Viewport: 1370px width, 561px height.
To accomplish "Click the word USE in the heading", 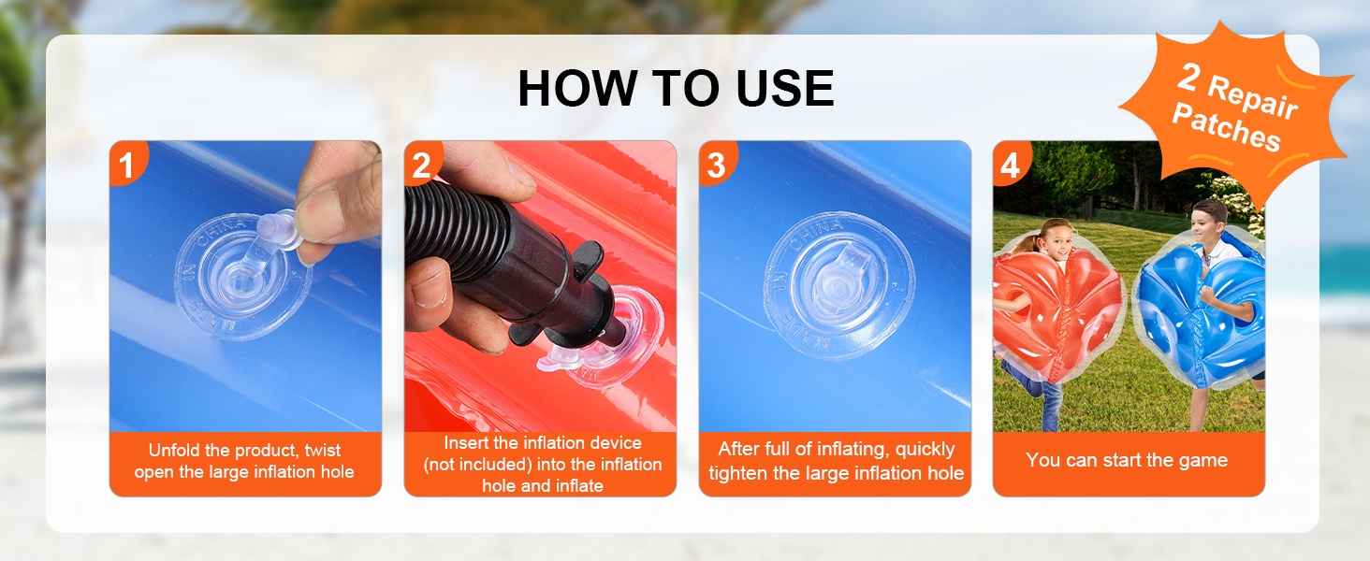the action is pyautogui.click(x=785, y=89).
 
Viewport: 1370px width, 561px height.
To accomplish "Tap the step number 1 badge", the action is pyautogui.click(x=126, y=165).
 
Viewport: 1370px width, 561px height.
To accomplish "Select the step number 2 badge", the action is pyautogui.click(x=421, y=165).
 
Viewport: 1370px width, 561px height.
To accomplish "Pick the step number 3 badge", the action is pyautogui.click(x=716, y=165).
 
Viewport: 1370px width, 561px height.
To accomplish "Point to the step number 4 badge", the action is pyautogui.click(x=1010, y=165).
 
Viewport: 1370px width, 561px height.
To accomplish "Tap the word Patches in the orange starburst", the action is pyautogui.click(x=1226, y=127).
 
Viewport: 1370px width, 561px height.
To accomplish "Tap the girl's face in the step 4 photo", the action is pyautogui.click(x=1058, y=241).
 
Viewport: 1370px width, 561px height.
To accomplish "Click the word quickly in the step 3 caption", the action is pyautogui.click(x=925, y=450).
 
